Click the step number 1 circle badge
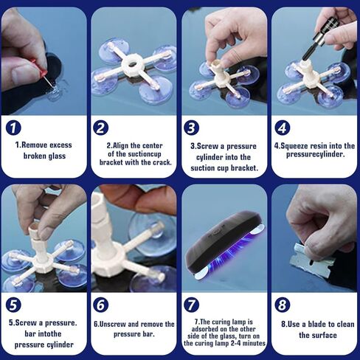coord(13,128)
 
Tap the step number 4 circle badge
coord(283,128)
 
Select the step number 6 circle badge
coord(101,305)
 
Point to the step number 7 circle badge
coord(191,305)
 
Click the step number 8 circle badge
coord(283,305)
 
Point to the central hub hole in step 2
coord(133,64)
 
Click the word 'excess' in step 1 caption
coord(61,145)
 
